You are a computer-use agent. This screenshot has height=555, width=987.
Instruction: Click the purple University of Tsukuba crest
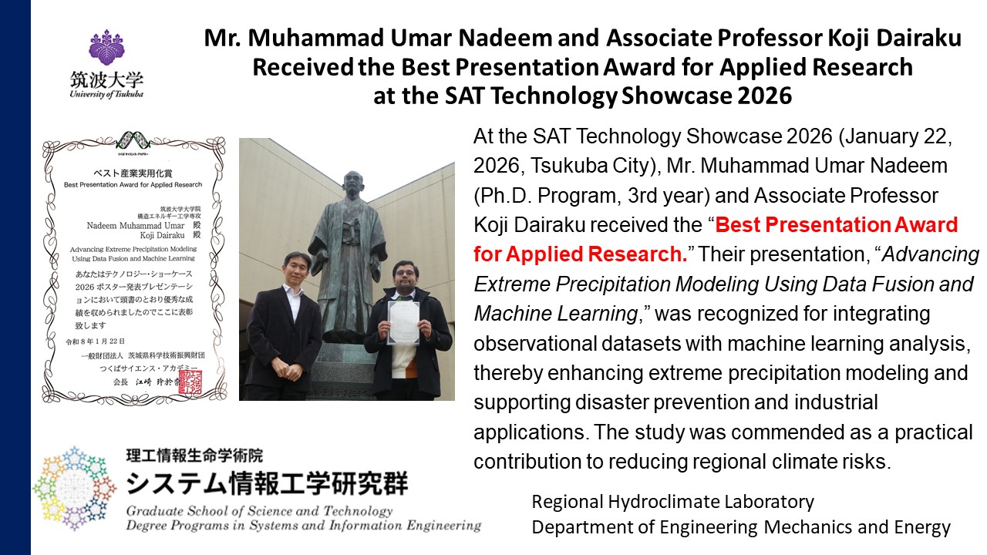point(107,48)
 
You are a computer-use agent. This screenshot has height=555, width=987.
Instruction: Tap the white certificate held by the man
point(404,322)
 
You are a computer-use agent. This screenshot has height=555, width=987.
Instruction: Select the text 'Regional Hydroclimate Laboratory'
point(672,502)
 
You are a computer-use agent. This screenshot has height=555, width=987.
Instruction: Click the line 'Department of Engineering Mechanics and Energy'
point(740,528)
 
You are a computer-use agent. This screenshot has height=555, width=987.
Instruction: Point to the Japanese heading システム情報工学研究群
point(267,483)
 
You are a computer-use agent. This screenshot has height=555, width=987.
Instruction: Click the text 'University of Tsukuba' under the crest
point(106,93)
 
